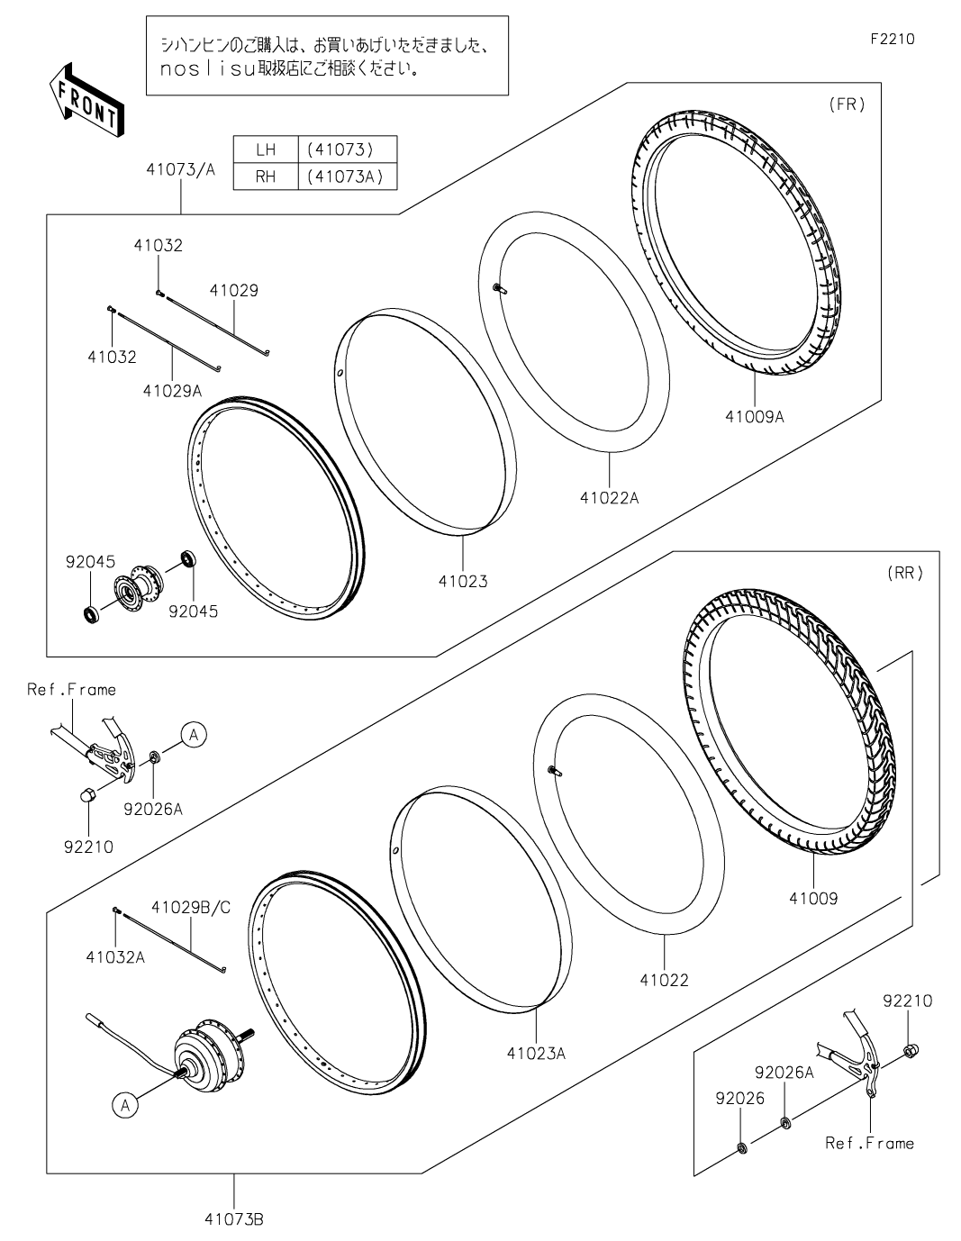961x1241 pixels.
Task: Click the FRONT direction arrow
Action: (86, 99)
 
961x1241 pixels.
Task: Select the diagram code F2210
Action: (893, 39)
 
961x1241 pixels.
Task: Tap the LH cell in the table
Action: (266, 149)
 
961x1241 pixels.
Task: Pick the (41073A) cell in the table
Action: (347, 177)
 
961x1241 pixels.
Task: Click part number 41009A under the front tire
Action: (754, 417)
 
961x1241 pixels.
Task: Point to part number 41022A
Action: (609, 498)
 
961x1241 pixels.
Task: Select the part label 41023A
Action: (536, 1054)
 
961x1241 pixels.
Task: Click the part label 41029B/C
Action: (191, 908)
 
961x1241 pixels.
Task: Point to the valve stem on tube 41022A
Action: (500, 289)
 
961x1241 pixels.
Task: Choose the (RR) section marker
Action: (905, 573)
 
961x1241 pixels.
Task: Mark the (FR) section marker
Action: (847, 104)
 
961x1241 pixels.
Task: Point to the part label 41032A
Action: (115, 957)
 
